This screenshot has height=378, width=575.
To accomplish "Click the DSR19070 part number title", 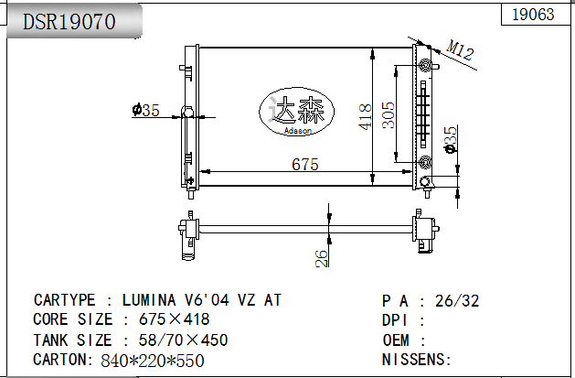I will [69, 22].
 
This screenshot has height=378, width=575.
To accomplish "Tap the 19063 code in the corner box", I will [534, 14].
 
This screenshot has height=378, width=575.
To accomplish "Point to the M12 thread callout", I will [461, 52].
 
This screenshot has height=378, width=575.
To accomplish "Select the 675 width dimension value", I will [304, 165].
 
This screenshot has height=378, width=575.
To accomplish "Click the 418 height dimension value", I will [366, 115].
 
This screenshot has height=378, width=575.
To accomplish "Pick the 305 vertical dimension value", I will [389, 115].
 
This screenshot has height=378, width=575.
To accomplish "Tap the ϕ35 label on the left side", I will [145, 111].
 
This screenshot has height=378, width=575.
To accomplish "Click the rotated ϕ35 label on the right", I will [449, 140].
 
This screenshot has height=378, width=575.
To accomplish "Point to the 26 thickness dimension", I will [321, 258].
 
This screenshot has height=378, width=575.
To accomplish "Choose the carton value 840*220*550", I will [153, 360].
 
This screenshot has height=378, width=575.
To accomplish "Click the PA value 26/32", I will [458, 300].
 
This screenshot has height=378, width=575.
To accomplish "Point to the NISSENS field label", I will [416, 360].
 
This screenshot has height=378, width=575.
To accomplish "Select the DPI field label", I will [399, 320].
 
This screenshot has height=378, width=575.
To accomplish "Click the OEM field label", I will [399, 340].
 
